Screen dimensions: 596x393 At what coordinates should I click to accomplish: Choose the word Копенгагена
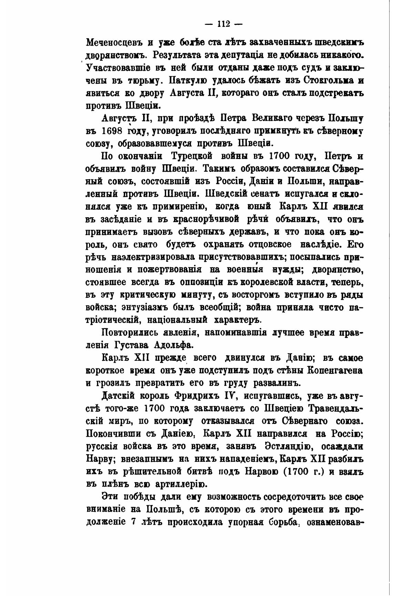click(x=334, y=370)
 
